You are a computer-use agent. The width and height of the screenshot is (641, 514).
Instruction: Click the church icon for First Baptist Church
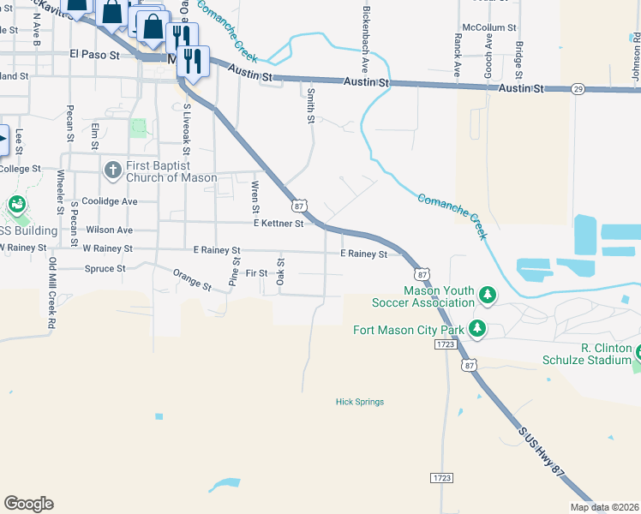click(112, 170)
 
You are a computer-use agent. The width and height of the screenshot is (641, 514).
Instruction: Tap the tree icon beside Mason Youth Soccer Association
click(488, 296)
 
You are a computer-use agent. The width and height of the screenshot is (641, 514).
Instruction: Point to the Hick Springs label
click(359, 402)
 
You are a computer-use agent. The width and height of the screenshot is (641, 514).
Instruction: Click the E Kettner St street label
click(278, 224)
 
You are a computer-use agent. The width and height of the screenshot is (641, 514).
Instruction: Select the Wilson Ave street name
click(109, 230)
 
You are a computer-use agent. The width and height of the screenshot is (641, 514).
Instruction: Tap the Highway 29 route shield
click(578, 88)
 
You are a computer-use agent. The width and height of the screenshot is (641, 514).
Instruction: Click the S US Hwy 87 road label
click(542, 457)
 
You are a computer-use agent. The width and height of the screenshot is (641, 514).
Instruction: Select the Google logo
click(28, 504)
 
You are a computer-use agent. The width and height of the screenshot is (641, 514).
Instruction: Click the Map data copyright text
click(604, 507)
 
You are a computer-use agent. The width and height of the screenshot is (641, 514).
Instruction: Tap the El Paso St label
click(92, 54)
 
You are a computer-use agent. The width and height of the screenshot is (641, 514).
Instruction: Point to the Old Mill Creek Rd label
click(52, 294)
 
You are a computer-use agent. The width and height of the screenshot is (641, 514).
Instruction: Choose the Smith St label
click(310, 105)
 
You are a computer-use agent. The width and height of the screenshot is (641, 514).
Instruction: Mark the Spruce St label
click(105, 268)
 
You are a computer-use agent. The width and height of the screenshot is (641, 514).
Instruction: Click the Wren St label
click(255, 196)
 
